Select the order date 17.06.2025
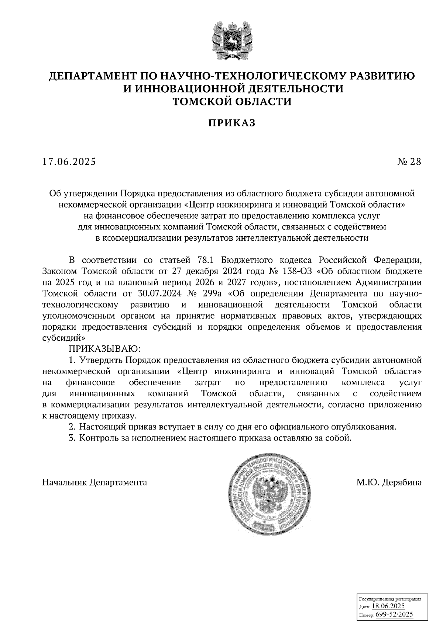pos(69,161)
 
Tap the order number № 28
pos(409,161)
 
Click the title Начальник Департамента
pos(95,482)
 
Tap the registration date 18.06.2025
pos(388,606)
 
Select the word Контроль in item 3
pos(97,438)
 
